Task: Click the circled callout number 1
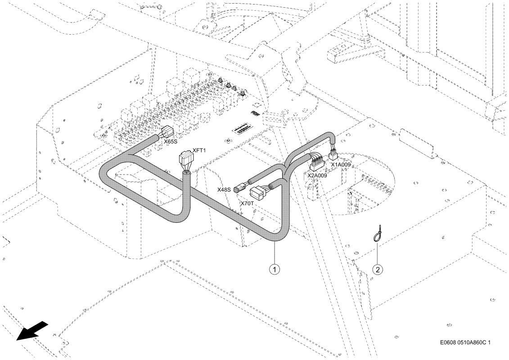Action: pyautogui.click(x=275, y=269)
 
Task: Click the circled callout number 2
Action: pyautogui.click(x=378, y=269)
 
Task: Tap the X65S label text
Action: pyautogui.click(x=170, y=142)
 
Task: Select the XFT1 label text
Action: pyautogui.click(x=199, y=150)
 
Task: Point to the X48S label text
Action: pyautogui.click(x=224, y=189)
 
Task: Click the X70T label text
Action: pyautogui.click(x=248, y=204)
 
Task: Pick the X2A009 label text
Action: pyautogui.click(x=317, y=175)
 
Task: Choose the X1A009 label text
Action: pyautogui.click(x=341, y=165)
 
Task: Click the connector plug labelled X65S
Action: pyautogui.click(x=167, y=132)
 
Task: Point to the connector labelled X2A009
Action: pyautogui.click(x=316, y=163)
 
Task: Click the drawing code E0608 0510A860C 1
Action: pyautogui.click(x=465, y=342)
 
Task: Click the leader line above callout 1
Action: pyautogui.click(x=275, y=253)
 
